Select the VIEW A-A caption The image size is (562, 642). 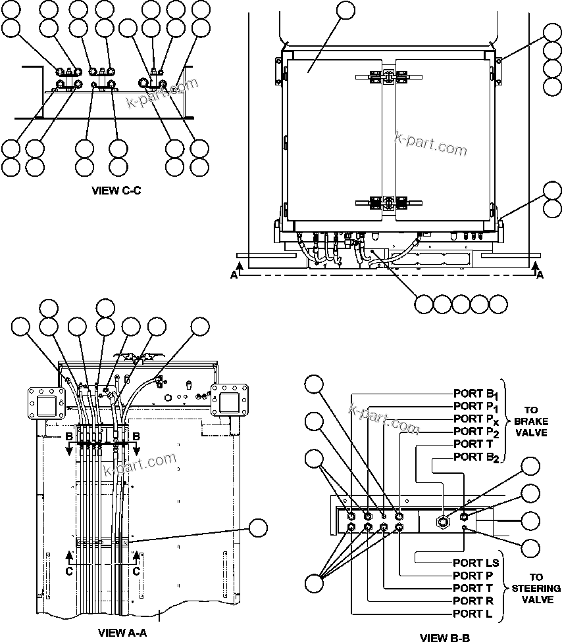pos(122,633)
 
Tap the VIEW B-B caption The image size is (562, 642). pos(445,637)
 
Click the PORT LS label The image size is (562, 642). pos(476,563)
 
